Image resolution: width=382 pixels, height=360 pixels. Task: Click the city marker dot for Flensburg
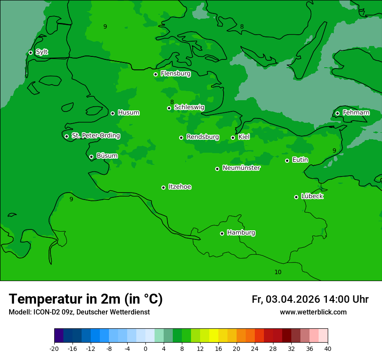click(155, 74)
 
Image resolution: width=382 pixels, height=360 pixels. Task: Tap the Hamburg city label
click(241, 233)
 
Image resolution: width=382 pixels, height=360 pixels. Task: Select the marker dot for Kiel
click(233, 137)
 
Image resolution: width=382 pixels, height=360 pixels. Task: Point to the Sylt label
click(42, 52)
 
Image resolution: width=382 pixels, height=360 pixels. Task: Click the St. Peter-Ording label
click(95, 136)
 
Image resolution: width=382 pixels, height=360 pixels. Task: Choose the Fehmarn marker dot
click(337, 113)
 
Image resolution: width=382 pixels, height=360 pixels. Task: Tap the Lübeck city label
click(312, 196)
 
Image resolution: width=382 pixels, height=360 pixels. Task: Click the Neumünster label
click(241, 168)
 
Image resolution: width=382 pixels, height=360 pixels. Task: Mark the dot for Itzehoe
click(163, 187)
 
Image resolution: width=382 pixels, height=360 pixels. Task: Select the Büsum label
click(107, 156)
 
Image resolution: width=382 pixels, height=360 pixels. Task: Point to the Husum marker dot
click(112, 113)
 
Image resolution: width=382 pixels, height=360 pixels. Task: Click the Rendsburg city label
click(202, 137)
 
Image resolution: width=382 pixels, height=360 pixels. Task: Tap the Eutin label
click(300, 160)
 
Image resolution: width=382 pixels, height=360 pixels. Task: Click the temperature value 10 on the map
click(278, 272)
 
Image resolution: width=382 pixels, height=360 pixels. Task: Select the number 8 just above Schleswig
click(172, 102)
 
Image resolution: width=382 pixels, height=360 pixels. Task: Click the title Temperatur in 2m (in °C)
click(86, 299)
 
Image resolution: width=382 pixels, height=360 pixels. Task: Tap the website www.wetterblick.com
click(313, 312)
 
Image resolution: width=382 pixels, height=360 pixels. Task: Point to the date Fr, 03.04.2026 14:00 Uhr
click(310, 299)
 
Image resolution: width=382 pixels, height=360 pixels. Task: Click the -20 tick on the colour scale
click(54, 348)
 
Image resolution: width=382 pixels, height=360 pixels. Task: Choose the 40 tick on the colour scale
click(328, 348)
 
